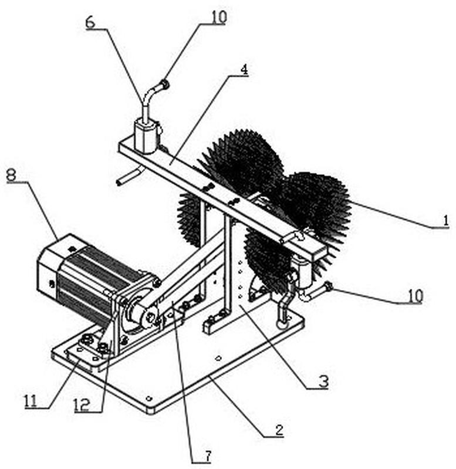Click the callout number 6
point(90,22)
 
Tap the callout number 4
point(244,69)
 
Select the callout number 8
point(11,175)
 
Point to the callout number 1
point(445,221)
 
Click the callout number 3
point(323,382)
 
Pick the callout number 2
point(279,430)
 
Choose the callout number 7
point(208,456)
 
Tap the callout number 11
point(31,400)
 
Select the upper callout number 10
point(219,17)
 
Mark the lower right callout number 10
point(415,295)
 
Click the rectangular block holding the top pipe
point(146,136)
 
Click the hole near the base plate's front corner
point(149,398)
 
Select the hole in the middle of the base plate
point(218,357)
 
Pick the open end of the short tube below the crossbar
point(120,183)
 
